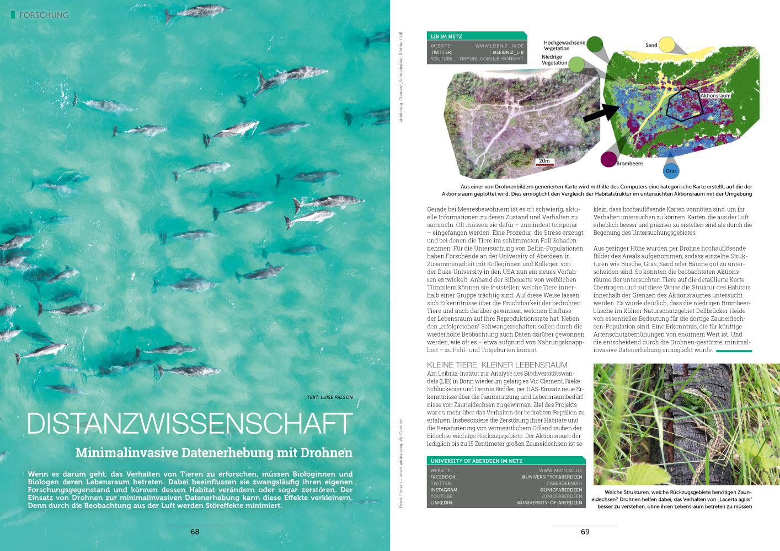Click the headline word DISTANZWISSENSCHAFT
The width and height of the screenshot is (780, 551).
point(189,423)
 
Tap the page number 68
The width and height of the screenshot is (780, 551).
point(195,532)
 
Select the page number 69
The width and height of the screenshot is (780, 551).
point(585,532)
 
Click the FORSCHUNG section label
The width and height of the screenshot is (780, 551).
point(44,15)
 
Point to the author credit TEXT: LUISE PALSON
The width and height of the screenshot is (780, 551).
point(329,397)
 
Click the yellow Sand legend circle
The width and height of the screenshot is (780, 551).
point(666,45)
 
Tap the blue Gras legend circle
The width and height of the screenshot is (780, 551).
point(671,171)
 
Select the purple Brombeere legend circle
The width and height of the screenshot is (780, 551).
point(608,159)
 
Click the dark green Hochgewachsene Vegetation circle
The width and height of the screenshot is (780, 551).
point(595,44)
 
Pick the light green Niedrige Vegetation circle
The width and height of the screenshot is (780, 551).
point(576,64)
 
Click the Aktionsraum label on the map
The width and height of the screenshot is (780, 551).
point(715,96)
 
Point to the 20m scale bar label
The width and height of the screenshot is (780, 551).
point(544,161)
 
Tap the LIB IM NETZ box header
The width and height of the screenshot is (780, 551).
point(446,36)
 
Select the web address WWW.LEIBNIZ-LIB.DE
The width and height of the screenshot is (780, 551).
point(499,46)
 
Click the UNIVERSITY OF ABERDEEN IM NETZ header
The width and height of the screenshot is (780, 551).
point(476,461)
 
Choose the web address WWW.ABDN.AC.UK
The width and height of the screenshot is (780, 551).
point(560,471)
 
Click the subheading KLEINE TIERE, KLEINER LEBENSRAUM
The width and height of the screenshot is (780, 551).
point(497,365)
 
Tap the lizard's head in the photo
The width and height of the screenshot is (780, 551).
point(689,395)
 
